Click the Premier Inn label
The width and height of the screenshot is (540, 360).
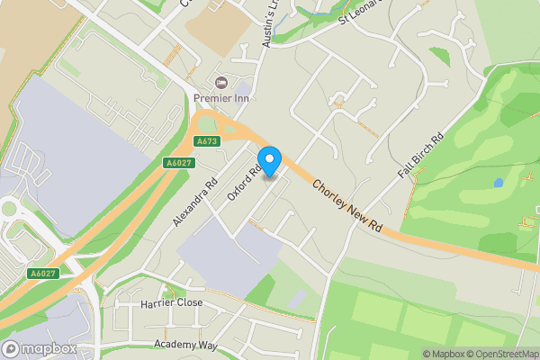point(222,98)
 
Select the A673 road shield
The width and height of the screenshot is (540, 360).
point(207,141)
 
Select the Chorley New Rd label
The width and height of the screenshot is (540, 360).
point(348,208)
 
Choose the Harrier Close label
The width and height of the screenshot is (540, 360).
point(172,303)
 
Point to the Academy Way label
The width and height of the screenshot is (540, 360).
point(186,345)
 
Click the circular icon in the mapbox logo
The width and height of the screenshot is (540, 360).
point(12,348)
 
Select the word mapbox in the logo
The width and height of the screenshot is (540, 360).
point(49,348)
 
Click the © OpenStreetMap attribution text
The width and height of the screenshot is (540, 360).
point(502,354)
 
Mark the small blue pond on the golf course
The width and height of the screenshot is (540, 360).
point(499,183)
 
